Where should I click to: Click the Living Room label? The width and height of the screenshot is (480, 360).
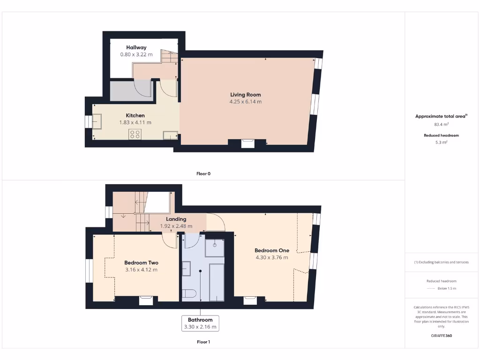point(245,95)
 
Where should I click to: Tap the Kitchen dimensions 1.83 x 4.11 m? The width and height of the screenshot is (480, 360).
point(135,122)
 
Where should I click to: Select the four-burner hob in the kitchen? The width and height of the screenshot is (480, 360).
point(135,134)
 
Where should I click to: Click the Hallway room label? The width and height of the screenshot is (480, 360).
point(136,47)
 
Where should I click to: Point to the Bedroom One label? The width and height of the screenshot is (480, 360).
point(272,250)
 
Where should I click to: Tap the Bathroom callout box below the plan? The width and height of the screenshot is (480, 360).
point(200,323)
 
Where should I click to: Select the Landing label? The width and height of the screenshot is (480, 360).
point(176,219)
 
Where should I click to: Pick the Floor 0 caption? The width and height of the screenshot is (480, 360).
point(203,173)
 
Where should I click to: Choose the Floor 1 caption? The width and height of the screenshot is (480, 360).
point(203,342)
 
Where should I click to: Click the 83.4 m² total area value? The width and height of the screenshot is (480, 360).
point(441,124)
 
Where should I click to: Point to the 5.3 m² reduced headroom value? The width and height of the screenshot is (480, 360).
point(441,142)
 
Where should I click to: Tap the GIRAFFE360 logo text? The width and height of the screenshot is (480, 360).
point(441,336)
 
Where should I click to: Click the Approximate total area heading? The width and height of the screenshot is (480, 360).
point(441,116)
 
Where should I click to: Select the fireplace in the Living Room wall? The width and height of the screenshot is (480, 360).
point(247,143)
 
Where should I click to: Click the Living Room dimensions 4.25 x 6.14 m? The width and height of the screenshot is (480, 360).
point(245,102)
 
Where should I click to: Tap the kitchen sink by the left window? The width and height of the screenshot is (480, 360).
point(98,121)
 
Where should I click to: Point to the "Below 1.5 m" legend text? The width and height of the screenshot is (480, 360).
point(446,288)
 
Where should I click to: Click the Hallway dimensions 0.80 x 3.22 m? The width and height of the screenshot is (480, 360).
point(136,54)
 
